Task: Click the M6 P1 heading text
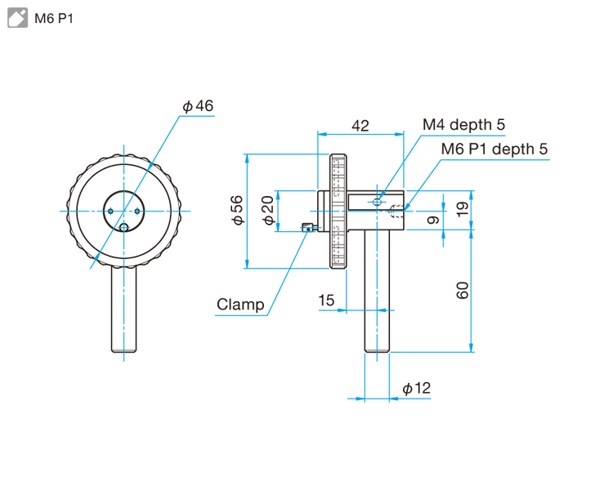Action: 54,18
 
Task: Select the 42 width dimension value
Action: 360,125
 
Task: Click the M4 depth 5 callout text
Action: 463,124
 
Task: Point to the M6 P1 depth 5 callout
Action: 494,149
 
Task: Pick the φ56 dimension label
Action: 236,210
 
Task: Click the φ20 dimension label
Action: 266,211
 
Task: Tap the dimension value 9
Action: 433,219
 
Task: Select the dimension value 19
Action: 463,209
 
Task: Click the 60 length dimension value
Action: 463,290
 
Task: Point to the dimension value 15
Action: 326,301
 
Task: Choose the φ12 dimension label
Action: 416,389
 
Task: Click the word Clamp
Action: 240,305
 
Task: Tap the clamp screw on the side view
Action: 307,229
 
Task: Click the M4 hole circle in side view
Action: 377,201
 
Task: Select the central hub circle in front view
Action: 124,210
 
